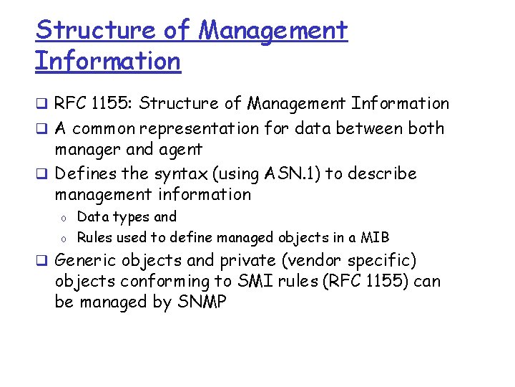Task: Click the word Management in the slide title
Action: click(273, 30)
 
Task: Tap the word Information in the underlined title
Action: click(107, 61)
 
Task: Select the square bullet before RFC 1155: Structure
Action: click(43, 105)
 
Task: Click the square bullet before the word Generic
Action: click(43, 261)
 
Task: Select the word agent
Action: click(182, 150)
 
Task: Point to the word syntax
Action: click(184, 173)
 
